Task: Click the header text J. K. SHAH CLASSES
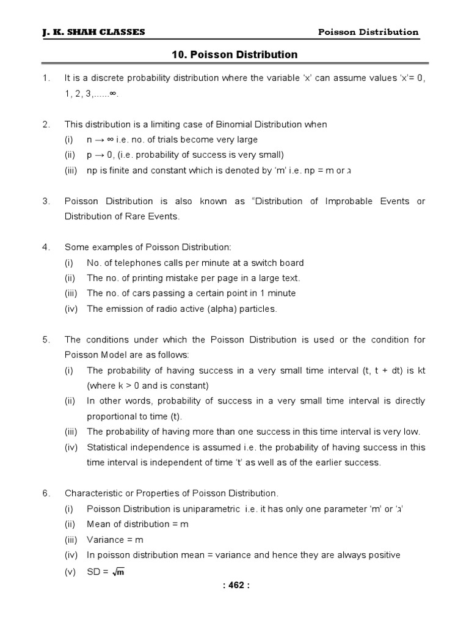(x=93, y=32)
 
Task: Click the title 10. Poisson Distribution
(x=234, y=55)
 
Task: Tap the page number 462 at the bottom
(x=234, y=585)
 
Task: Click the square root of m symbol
(x=118, y=572)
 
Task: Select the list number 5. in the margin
(x=46, y=340)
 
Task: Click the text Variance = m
(x=115, y=540)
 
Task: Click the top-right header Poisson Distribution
(x=369, y=32)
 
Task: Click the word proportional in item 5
(x=112, y=416)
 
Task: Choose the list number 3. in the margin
(x=46, y=201)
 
